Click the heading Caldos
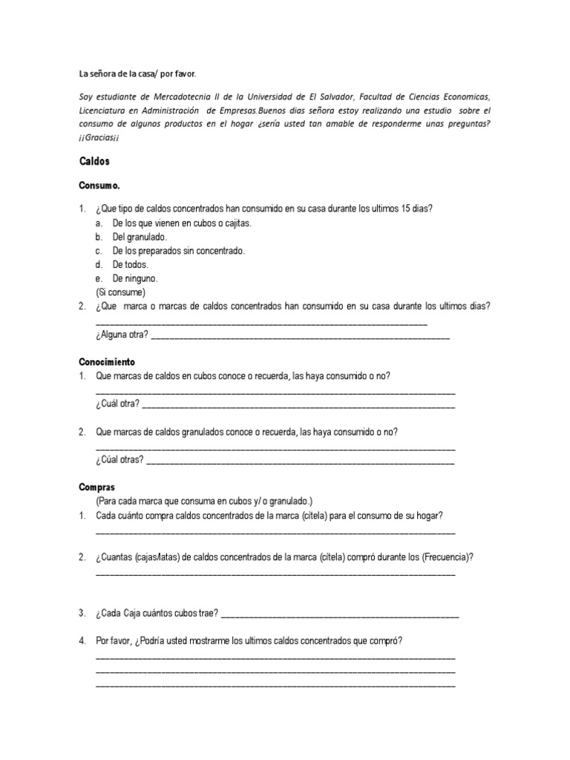94,160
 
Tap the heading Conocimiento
107,362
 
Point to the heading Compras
96,488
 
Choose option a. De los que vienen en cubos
181,223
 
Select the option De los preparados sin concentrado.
178,251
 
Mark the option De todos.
131,265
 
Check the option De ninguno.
135,279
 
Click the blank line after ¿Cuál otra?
298,406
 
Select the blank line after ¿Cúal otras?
300,461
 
